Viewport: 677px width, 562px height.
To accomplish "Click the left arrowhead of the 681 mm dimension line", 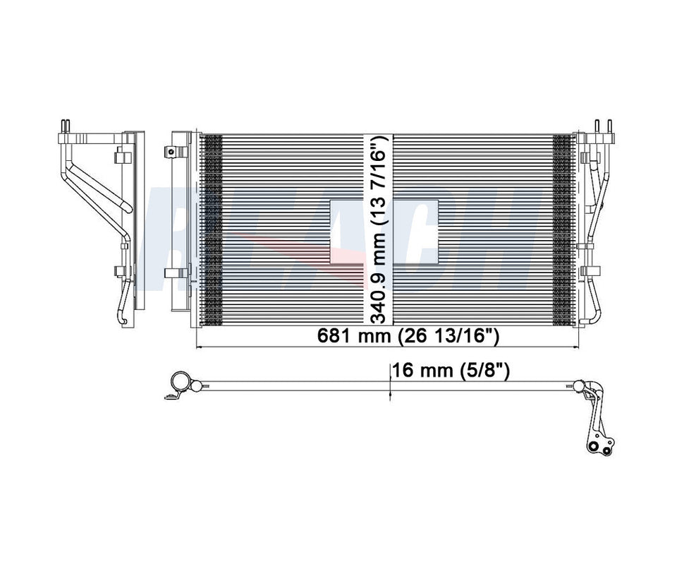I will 198,347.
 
